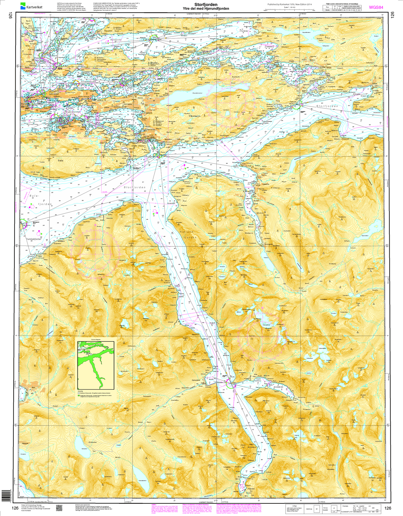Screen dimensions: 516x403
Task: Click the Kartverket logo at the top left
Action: tap(30, 5)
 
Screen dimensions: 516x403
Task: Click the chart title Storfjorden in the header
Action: tap(206, 5)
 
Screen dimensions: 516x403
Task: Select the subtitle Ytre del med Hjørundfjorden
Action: tap(206, 9)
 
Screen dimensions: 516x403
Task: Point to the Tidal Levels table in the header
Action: tap(342, 8)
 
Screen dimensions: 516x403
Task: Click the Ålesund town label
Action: tap(54, 94)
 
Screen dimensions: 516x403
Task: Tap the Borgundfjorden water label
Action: tap(73, 112)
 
